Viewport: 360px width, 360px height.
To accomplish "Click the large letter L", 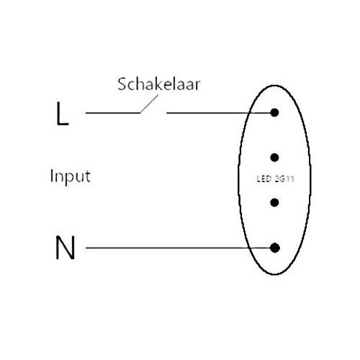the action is coord(61,114).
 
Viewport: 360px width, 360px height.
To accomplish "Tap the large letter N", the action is coord(65,248).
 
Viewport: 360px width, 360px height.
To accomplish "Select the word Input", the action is coord(71,176).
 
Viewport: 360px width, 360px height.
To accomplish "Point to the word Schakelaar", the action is coord(158,84).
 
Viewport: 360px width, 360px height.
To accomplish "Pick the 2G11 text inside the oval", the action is coord(284,179).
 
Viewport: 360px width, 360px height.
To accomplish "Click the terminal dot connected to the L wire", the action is coord(274,112).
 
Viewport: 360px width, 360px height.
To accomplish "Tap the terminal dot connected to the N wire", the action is coord(275,248).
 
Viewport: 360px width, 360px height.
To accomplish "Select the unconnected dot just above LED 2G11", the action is coord(274,158).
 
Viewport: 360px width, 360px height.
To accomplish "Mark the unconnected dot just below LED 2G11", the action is coord(274,202).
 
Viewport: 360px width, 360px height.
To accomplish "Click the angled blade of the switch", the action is coord(149,104).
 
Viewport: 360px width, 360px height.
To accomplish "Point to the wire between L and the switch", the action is coord(113,113).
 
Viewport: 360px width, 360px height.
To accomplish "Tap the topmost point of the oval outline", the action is coord(274,85).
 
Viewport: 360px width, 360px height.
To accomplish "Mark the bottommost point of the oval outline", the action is coord(275,274).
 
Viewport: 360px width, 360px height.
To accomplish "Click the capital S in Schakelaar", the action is coord(122,84).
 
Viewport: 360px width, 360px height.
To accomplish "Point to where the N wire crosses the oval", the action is coord(248,248).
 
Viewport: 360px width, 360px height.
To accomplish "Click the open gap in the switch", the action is coord(153,113).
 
